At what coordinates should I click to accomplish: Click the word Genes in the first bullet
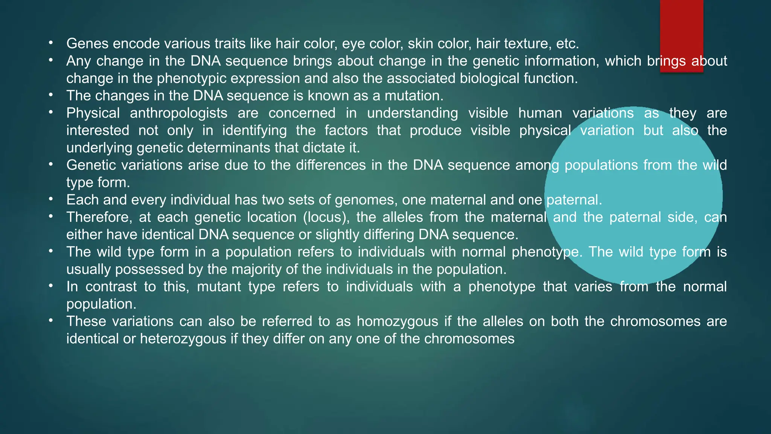pos(87,44)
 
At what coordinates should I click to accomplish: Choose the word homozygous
pos(398,321)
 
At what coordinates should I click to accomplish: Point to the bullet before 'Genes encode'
pos(51,43)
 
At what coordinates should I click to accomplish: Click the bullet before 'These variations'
pos(51,321)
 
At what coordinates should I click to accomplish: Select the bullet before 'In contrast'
pos(51,286)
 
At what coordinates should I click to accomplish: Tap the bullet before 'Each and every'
pos(51,199)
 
